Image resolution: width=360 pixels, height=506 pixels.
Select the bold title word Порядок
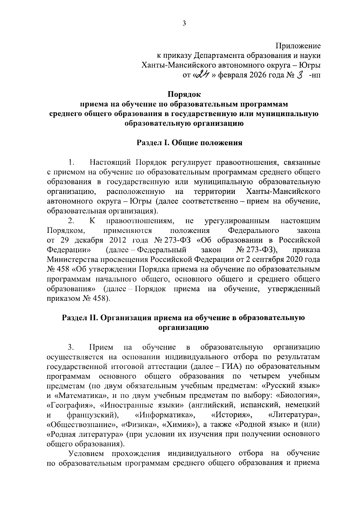184,94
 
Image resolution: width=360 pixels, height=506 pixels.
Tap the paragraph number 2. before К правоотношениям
71,221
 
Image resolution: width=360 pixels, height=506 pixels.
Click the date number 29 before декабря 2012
65,240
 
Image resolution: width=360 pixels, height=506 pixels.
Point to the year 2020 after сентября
292,260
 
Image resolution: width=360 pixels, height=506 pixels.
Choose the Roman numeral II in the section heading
91,318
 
